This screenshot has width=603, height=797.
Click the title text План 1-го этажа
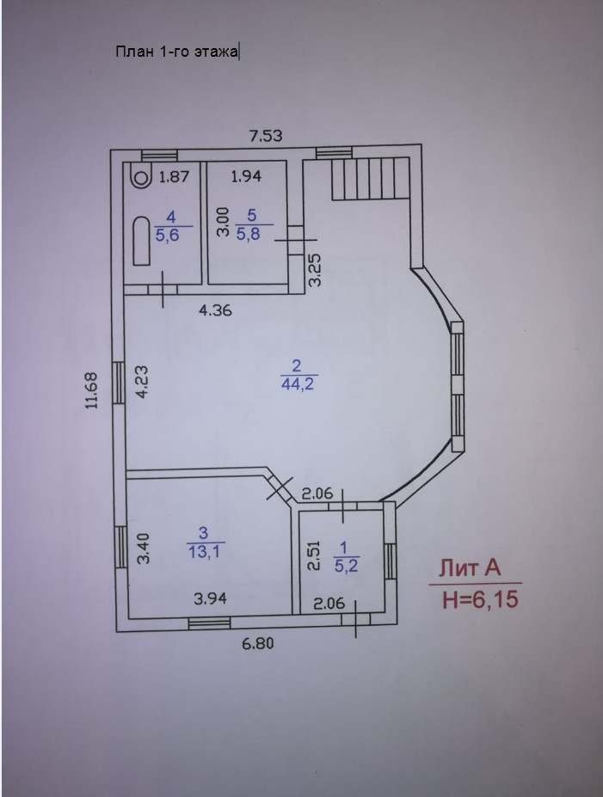[177, 52]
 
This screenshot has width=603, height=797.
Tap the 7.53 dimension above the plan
[266, 134]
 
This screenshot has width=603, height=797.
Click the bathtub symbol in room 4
[141, 242]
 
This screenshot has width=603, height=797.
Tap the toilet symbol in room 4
[138, 175]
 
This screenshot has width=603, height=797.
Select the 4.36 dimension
[215, 310]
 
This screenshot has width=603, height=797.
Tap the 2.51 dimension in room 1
[314, 555]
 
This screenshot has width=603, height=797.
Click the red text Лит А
[470, 569]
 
